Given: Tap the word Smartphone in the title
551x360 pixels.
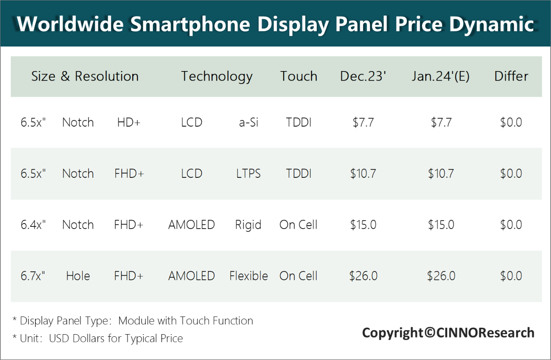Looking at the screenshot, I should pos(190,24).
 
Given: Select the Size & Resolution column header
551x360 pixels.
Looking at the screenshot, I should pos(85,76).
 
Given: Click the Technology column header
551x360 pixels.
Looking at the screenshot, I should pos(217,76).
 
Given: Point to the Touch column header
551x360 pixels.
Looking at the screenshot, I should pos(299,76).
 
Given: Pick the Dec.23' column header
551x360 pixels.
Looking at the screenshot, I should pos(363,76).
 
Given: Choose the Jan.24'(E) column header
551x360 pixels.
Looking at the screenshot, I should pos(440,76).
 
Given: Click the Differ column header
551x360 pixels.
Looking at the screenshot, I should pos(511,76).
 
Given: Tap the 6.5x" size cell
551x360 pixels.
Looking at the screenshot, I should pos(33,174).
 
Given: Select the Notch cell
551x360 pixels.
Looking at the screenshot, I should pos(78,174).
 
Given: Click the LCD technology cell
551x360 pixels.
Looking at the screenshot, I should pos(192,174).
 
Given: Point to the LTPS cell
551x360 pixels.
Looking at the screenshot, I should pos(248,174).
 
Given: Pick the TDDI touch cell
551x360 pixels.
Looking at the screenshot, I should pos(299,174).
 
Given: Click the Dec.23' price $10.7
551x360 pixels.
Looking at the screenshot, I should pos(363,174).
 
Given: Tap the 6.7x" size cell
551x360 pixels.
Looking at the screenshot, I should pos(33,276).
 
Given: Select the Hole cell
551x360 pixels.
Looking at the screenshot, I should pos(78,276).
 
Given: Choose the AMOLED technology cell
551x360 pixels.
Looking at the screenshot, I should pos(192,276).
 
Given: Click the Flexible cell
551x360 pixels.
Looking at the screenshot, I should pos(248,276).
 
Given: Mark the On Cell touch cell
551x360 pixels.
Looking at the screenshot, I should pos(298,276).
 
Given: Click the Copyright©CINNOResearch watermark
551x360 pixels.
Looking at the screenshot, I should pos(448,332).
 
